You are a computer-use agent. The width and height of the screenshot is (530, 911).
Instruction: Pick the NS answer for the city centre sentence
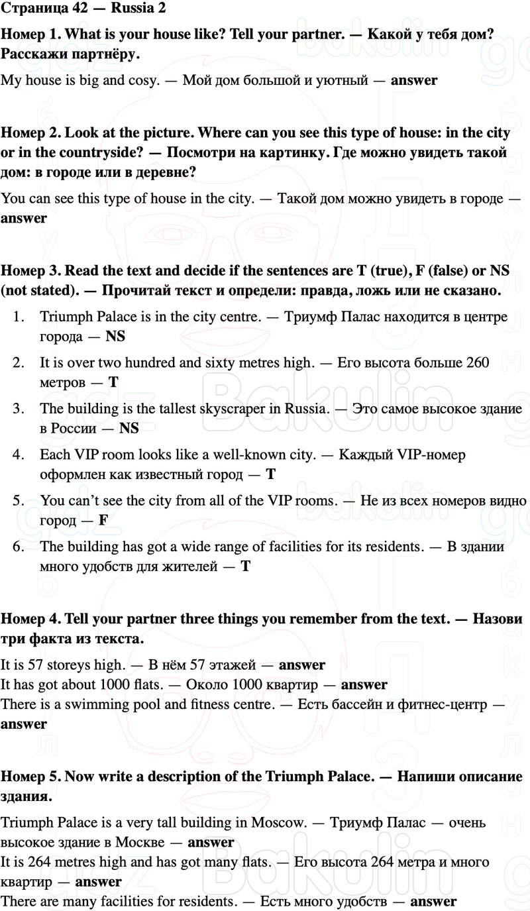tap(115, 337)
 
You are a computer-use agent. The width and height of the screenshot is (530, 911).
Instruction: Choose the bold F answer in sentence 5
tap(103, 521)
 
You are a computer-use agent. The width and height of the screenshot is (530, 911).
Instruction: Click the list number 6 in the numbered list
tap(19, 547)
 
